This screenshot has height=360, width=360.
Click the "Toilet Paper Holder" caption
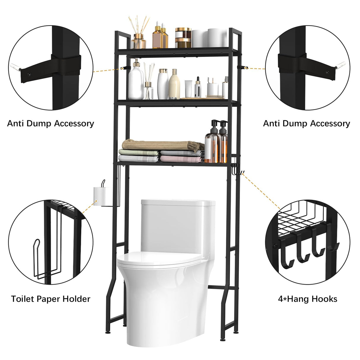coord(51,299)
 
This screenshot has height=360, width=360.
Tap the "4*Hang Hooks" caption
coord(308,299)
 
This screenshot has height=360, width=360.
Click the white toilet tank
coord(178,225)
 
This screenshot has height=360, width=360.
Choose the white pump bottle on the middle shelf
coord(136,82)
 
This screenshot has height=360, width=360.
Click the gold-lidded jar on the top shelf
coord(183,38)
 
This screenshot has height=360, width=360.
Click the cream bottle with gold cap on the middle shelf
coord(174,85)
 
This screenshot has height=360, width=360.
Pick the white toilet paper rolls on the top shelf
coord(209,38)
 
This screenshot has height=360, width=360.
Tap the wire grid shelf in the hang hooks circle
coord(297,218)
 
